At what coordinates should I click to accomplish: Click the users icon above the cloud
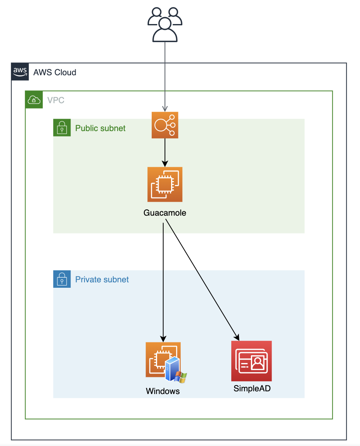click(x=165, y=24)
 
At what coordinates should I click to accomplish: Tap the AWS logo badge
click(x=20, y=71)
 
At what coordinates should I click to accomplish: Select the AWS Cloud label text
click(x=55, y=72)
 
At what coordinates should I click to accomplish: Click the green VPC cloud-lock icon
click(x=34, y=100)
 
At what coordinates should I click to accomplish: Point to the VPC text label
click(x=56, y=100)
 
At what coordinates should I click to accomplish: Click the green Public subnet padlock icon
click(x=62, y=128)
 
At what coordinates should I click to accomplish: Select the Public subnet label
click(x=100, y=128)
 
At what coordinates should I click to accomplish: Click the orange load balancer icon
click(x=165, y=125)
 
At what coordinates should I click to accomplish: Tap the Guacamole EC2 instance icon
click(x=165, y=185)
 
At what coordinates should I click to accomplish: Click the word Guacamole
click(x=165, y=213)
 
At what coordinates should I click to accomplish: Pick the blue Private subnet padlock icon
click(x=62, y=279)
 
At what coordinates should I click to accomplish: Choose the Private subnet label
click(x=102, y=280)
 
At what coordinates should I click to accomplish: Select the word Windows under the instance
click(x=163, y=391)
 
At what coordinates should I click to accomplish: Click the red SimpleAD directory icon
click(x=251, y=361)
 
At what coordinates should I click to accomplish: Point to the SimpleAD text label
click(x=252, y=388)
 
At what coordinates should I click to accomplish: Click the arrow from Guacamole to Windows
click(x=163, y=279)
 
